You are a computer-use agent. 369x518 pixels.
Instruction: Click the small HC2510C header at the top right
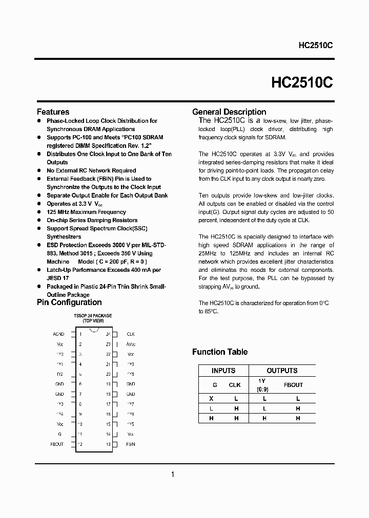[x=316, y=45]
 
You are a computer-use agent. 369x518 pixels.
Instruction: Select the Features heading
[x=53, y=112]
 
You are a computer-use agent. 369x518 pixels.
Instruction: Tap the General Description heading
[x=229, y=112]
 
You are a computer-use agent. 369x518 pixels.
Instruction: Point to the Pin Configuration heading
[x=69, y=302]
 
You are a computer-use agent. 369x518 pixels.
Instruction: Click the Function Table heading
[x=219, y=352]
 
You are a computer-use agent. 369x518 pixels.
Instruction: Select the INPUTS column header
[x=223, y=371]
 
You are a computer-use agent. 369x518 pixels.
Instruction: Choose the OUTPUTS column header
[x=282, y=371]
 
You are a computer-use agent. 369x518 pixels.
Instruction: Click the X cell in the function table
[x=210, y=398]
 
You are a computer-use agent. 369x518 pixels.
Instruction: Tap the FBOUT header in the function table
[x=294, y=384]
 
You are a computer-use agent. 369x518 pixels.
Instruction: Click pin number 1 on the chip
[x=80, y=334]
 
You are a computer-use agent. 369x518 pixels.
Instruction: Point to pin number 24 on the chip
[x=108, y=334]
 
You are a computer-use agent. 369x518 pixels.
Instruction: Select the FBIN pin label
[x=131, y=444]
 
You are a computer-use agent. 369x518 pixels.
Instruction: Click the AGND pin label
[x=58, y=334]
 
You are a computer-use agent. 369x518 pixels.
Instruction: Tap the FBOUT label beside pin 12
[x=57, y=444]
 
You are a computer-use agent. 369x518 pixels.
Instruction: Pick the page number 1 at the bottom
[x=173, y=474]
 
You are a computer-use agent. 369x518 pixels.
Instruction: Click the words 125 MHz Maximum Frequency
[x=86, y=212]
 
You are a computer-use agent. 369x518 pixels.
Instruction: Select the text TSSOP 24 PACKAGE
[x=93, y=316]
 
